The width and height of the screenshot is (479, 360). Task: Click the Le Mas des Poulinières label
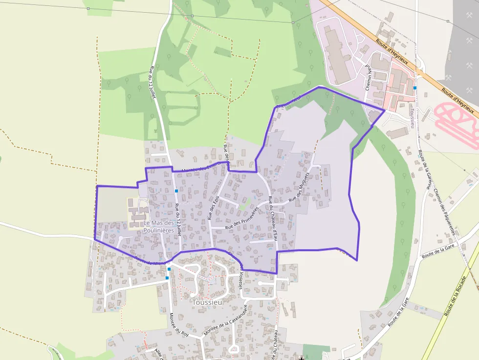(x=159, y=227)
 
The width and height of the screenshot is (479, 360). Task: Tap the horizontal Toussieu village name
(x=207, y=302)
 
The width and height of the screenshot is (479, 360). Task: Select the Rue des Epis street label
(x=212, y=207)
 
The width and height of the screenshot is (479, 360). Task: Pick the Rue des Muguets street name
(x=300, y=187)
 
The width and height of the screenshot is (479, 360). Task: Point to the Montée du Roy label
(x=179, y=325)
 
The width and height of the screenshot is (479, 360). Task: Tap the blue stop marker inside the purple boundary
(x=176, y=191)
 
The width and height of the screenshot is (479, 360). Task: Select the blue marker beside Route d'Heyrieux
(x=414, y=88)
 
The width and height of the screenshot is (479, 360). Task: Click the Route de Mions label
(x=151, y=260)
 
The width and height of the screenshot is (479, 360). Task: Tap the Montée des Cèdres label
(x=200, y=168)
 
